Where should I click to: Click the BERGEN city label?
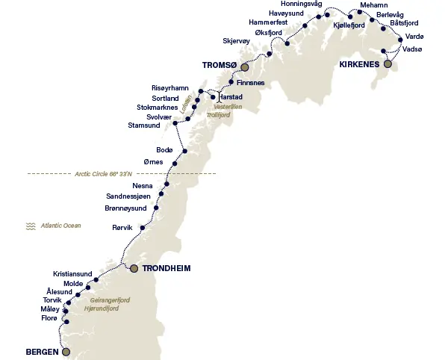point(42,351)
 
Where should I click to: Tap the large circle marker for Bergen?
point(66,351)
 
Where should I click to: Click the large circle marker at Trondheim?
point(134,267)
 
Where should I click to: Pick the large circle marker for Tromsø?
point(244,66)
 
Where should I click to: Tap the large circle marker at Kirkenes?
point(388,64)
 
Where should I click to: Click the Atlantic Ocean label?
point(61,225)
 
